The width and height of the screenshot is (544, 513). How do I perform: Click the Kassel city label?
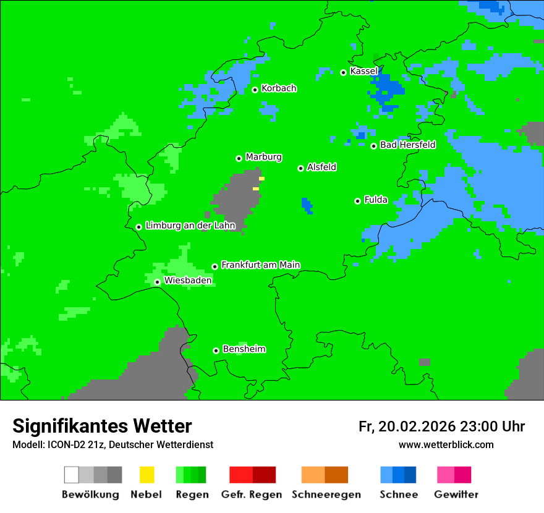(363, 71)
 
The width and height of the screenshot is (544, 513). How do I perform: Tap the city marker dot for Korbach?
(255, 90)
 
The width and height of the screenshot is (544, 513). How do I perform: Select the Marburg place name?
(263, 157)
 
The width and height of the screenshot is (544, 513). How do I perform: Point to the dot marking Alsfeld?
(300, 168)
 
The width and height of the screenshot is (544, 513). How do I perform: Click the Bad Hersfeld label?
(407, 145)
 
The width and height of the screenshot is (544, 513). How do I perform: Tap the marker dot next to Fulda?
(357, 201)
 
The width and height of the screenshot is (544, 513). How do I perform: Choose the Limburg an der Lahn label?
(190, 226)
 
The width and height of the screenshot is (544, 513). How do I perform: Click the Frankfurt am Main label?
(260, 265)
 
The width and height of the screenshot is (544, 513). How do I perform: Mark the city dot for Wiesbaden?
(157, 282)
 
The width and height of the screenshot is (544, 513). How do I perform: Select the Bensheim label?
(244, 349)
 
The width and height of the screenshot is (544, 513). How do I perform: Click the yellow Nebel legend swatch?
(147, 475)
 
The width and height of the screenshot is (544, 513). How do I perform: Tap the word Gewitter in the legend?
(456, 494)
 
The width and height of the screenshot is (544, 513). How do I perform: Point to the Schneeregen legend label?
(326, 494)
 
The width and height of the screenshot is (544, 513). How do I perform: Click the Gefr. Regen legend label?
(252, 494)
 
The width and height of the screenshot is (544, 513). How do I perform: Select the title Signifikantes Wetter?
(102, 426)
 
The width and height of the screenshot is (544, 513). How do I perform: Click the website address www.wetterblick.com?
(446, 444)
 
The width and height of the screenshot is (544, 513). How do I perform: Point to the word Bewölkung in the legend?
(90, 494)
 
